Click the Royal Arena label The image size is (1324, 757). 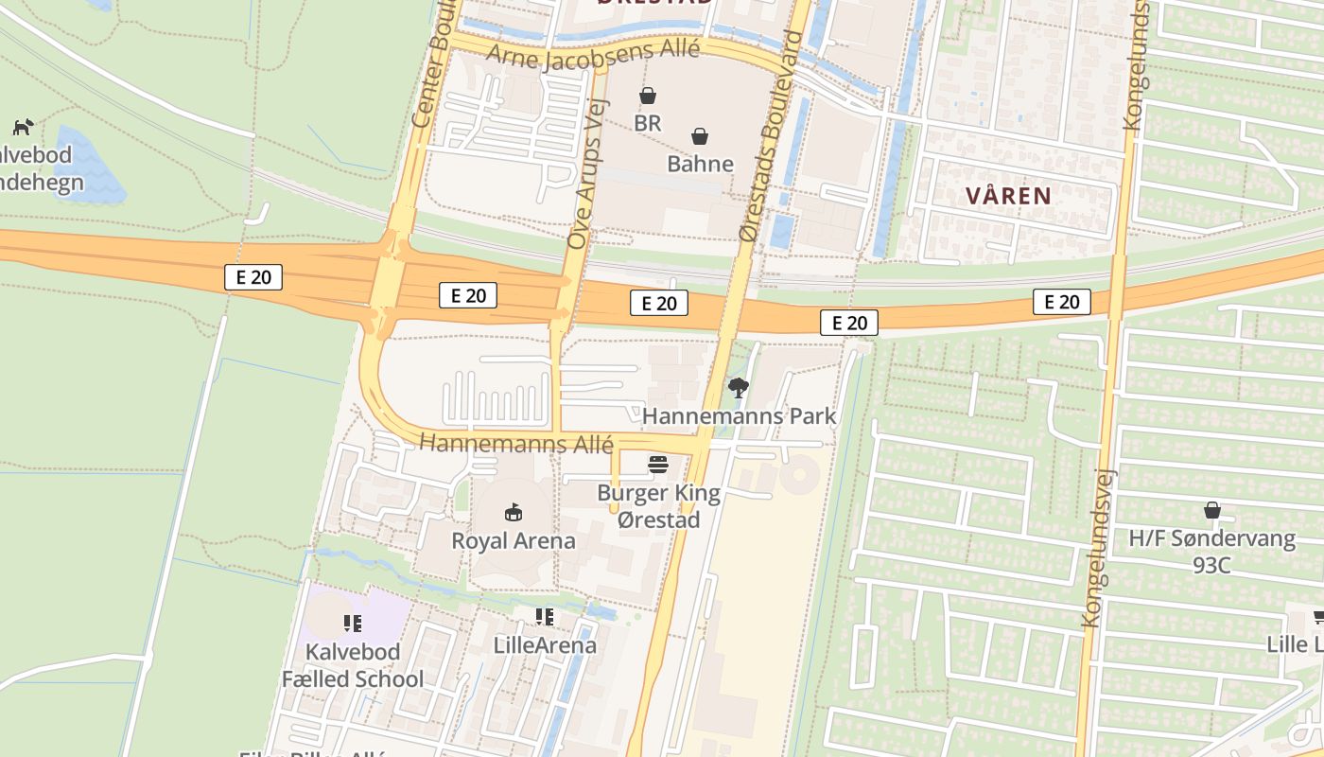(514, 541)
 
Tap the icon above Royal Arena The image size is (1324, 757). (514, 513)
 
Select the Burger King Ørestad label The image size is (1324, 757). (658, 506)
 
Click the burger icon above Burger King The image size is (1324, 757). (658, 465)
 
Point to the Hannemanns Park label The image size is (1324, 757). (739, 415)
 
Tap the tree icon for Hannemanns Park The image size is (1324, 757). (738, 387)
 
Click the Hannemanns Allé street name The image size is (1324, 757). (516, 443)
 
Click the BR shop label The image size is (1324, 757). (648, 123)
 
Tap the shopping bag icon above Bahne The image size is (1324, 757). (700, 136)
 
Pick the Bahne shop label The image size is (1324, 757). (700, 164)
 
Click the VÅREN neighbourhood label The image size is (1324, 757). (1009, 196)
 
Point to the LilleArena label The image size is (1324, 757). (546, 645)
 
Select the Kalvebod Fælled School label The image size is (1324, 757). (353, 665)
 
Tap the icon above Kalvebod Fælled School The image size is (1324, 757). (353, 623)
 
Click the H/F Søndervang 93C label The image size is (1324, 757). (1211, 551)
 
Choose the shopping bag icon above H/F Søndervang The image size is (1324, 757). (1211, 511)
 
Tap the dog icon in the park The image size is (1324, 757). (23, 126)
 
